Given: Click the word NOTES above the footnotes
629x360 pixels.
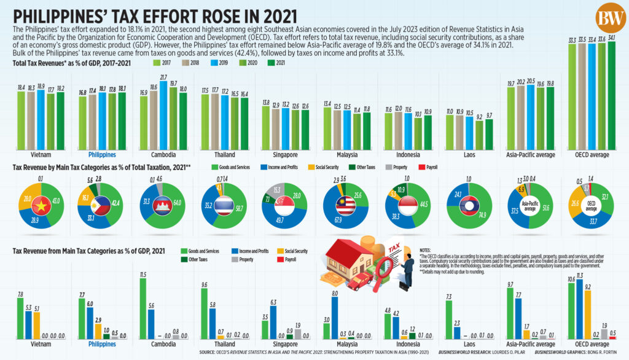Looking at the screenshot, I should click(425, 250).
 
